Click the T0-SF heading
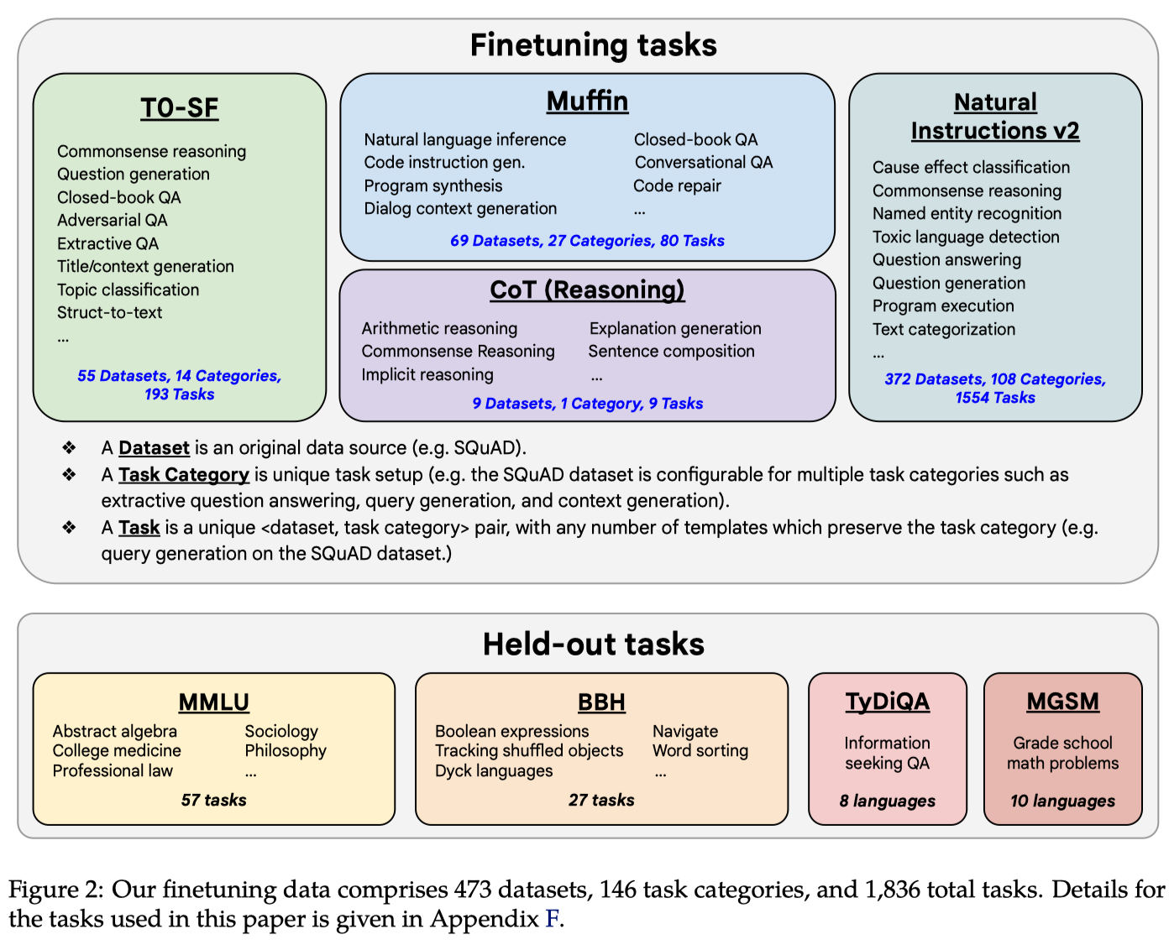179,108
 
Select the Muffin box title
587,102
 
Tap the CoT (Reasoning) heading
587,290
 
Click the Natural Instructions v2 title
995,117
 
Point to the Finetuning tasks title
593,45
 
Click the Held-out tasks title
593,645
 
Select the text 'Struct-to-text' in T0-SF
109,313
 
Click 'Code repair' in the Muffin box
677,186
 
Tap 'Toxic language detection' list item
966,238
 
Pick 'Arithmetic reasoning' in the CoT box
439,329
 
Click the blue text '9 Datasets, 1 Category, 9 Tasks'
587,404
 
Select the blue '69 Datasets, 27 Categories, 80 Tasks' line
587,241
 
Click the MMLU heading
213,702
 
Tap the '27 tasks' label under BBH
601,801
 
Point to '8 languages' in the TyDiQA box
887,801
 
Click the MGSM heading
1062,702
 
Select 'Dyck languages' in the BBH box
494,771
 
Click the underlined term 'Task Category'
183,475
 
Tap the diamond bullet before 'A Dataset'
69,448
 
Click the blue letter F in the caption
552,919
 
